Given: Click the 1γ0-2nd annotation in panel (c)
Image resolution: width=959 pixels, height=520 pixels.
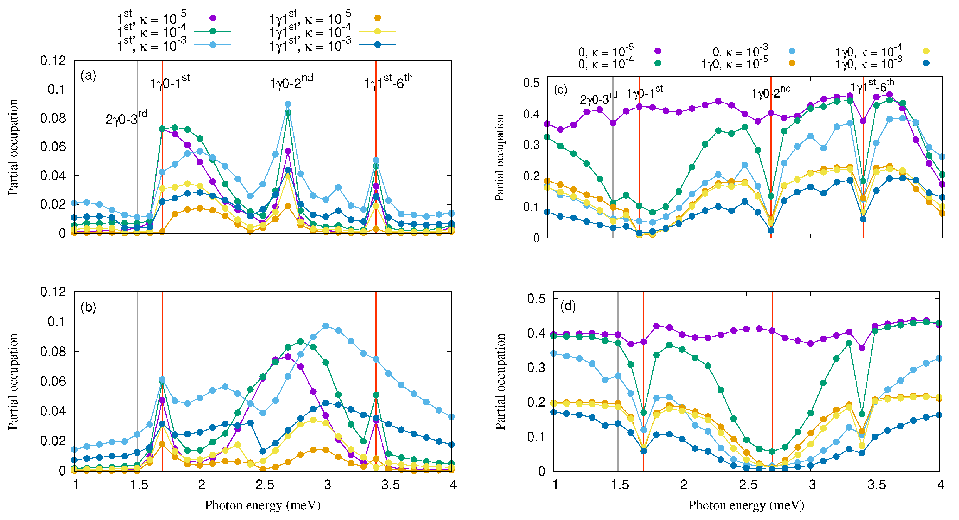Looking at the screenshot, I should click(771, 92).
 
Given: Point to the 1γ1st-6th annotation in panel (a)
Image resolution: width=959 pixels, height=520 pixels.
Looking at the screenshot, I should click(388, 82).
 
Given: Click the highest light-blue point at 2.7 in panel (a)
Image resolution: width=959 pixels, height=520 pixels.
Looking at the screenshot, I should click(288, 104).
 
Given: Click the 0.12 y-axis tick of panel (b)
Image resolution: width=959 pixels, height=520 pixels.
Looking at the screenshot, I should click(53, 292).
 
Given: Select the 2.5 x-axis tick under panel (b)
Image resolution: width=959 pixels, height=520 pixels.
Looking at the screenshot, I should click(265, 485).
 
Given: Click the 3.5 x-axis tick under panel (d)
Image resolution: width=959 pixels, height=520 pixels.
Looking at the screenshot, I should click(876, 485).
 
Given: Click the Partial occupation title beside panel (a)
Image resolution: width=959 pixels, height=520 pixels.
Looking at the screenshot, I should click(13, 147).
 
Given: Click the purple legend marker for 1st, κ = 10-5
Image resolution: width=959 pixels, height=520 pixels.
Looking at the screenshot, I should click(212, 18).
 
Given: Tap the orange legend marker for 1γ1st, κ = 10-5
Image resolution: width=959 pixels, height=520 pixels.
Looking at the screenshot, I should click(377, 18).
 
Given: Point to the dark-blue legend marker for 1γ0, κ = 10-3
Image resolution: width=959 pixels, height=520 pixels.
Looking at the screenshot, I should click(926, 63).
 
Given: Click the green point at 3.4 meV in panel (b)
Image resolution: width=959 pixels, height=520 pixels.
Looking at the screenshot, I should click(376, 395).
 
